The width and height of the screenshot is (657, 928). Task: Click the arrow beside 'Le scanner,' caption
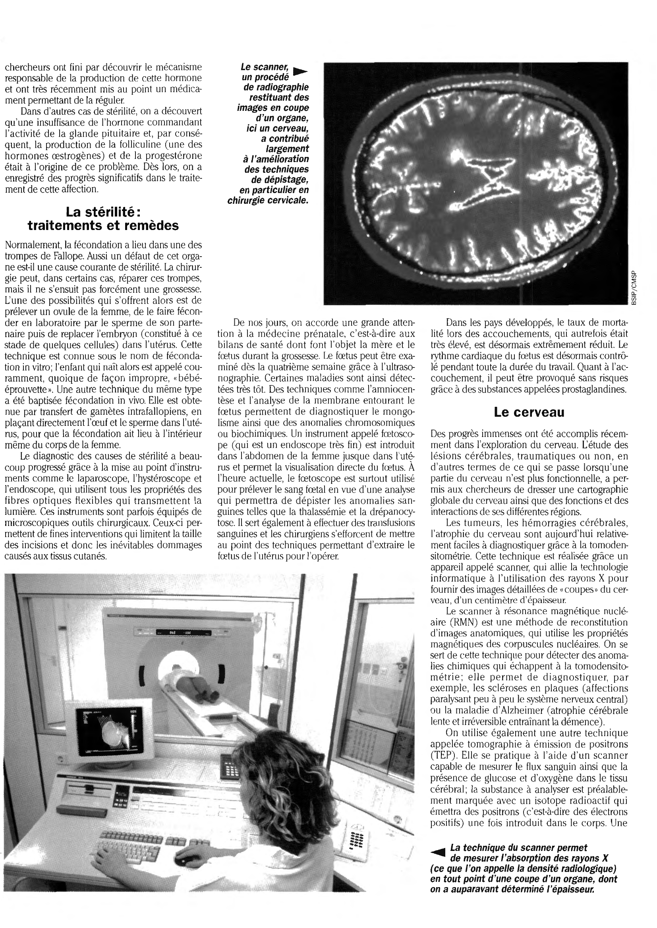point(300,71)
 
